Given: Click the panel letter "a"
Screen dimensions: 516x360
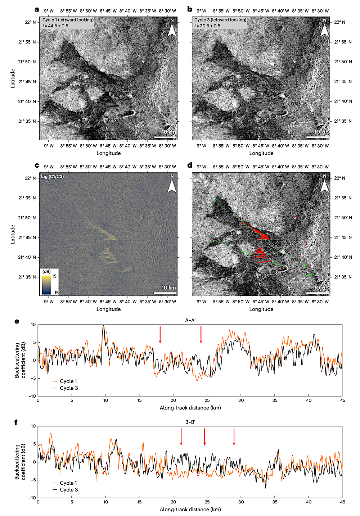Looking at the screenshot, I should [37, 9].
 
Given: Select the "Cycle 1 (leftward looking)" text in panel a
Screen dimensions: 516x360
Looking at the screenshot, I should [68, 20].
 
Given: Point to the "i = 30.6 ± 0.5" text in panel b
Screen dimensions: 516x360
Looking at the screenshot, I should [207, 26].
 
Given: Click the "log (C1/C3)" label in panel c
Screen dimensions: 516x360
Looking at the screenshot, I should [53, 177].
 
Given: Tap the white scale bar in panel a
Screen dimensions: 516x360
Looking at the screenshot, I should [165, 137].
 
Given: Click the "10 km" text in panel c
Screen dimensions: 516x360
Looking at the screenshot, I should [168, 288].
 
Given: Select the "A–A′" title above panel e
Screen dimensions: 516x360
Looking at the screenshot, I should [190, 320].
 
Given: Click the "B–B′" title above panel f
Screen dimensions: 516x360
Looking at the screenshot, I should [190, 422].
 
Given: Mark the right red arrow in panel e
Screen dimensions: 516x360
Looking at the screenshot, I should [201, 335].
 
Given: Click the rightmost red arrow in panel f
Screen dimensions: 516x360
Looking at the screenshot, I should [234, 436].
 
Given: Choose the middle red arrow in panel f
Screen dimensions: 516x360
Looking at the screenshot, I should [204, 436].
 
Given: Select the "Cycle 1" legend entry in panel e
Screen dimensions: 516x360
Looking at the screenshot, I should [68, 381].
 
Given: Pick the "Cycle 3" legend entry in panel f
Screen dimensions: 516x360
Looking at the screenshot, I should [68, 490].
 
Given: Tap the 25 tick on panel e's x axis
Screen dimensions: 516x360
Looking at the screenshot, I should [207, 400].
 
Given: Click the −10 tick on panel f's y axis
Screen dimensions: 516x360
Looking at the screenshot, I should [33, 498].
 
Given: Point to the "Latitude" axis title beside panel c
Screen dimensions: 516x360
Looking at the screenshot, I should [13, 234].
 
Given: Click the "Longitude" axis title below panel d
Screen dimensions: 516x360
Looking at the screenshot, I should [261, 309].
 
